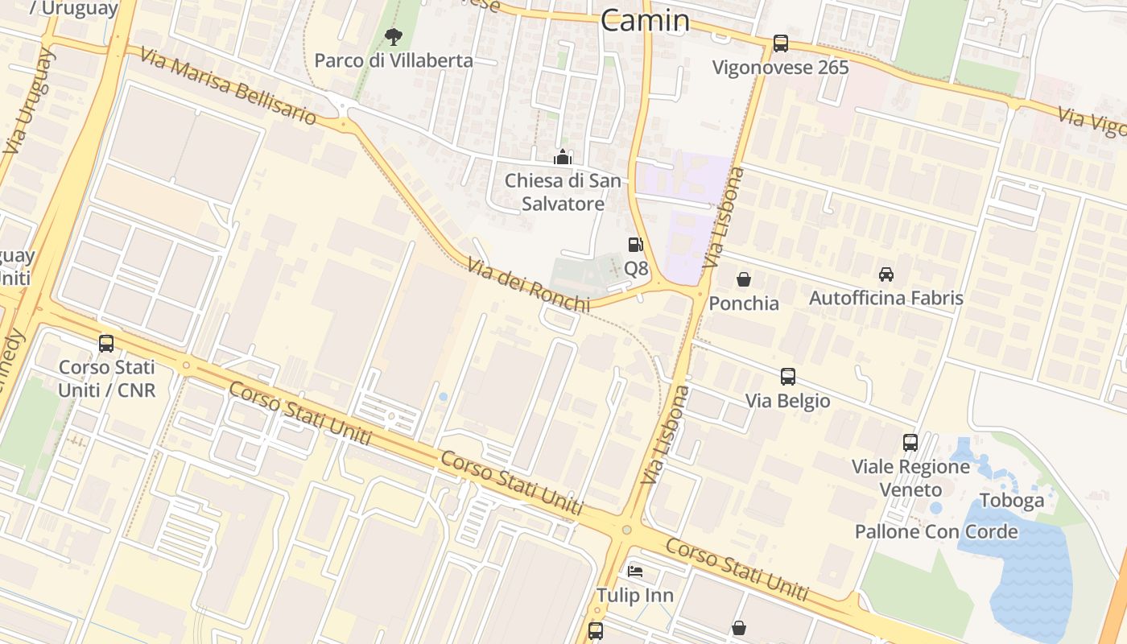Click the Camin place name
(x=645, y=21)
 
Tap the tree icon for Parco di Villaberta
(x=393, y=36)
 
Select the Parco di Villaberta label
(x=393, y=60)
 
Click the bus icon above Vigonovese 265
(x=780, y=43)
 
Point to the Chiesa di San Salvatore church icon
(x=563, y=157)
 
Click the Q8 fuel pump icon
(x=636, y=245)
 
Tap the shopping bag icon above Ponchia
(x=744, y=279)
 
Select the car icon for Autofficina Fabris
(x=886, y=275)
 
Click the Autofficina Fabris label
(x=885, y=298)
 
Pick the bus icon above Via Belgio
(x=787, y=377)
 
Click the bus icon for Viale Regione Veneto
(x=910, y=443)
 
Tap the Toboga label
(x=1012, y=500)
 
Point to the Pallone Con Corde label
(x=936, y=531)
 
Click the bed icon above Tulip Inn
(x=635, y=572)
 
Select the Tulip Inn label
(x=635, y=595)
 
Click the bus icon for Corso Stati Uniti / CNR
(x=106, y=344)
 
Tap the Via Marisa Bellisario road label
(x=228, y=85)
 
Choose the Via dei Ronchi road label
(x=528, y=284)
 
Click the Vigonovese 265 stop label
(x=780, y=67)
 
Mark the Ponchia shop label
(x=744, y=303)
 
